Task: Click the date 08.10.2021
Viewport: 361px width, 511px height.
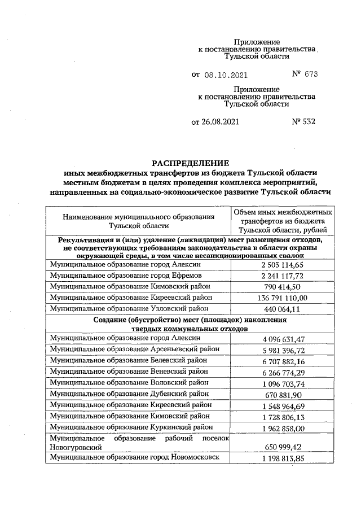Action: click(225, 74)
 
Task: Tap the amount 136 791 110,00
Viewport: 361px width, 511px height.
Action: click(283, 298)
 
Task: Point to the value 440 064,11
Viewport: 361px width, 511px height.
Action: click(283, 309)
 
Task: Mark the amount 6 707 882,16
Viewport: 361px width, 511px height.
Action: click(283, 361)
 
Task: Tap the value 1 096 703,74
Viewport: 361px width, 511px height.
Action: click(283, 383)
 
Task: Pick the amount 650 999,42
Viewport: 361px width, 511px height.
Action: click(283, 447)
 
